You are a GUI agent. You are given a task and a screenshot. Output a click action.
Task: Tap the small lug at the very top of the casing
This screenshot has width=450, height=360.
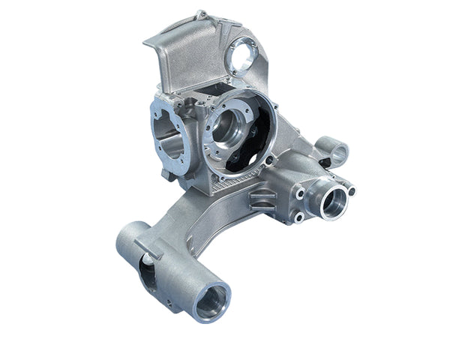pyautogui.click(x=201, y=13)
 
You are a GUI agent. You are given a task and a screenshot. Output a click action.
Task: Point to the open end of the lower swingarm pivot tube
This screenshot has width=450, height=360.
pyautogui.click(x=209, y=300)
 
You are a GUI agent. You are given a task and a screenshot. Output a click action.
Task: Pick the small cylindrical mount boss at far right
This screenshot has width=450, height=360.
pyautogui.click(x=337, y=153)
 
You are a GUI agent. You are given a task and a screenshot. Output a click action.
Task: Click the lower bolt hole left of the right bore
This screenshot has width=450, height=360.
pyautogui.click(x=300, y=217)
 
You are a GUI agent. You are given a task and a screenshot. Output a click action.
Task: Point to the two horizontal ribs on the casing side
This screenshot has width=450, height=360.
pyautogui.click(x=262, y=197)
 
